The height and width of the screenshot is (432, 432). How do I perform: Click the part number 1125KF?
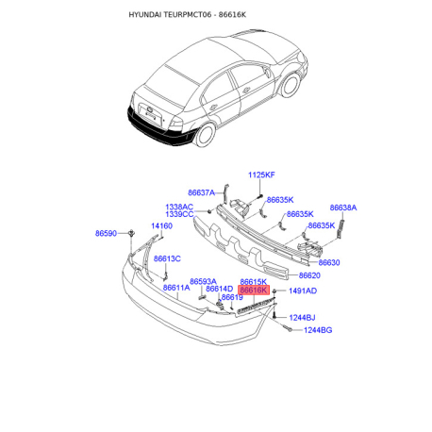pyautogui.click(x=261, y=174)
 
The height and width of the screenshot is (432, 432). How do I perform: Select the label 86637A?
pyautogui.click(x=201, y=192)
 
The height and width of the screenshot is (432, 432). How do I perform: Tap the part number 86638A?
pyautogui.click(x=343, y=208)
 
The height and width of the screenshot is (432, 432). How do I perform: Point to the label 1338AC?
pyautogui.click(x=179, y=207)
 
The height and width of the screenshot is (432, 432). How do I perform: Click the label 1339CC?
pyautogui.click(x=179, y=214)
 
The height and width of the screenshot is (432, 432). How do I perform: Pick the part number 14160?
pyautogui.click(x=161, y=225)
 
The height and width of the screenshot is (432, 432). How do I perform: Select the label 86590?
pyautogui.click(x=106, y=233)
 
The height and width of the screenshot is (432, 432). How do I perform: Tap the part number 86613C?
pyautogui.click(x=167, y=258)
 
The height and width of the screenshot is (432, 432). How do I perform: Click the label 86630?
pyautogui.click(x=329, y=262)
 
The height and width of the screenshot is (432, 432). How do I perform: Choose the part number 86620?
pyautogui.click(x=309, y=275)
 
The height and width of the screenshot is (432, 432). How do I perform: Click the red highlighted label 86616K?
pyautogui.click(x=254, y=291)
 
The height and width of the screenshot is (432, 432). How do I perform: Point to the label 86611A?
pyautogui.click(x=176, y=288)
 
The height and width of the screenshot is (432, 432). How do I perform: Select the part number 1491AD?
pyautogui.click(x=303, y=291)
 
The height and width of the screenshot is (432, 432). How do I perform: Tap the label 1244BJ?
pyautogui.click(x=302, y=318)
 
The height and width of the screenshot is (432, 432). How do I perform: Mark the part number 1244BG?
pyautogui.click(x=318, y=330)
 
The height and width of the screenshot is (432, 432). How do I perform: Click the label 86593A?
pyautogui.click(x=203, y=281)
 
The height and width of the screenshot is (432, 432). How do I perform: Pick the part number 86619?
pyautogui.click(x=232, y=297)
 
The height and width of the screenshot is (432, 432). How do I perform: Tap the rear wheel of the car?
pyautogui.click(x=206, y=135)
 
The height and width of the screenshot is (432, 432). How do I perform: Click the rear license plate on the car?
pyautogui.click(x=151, y=116)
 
